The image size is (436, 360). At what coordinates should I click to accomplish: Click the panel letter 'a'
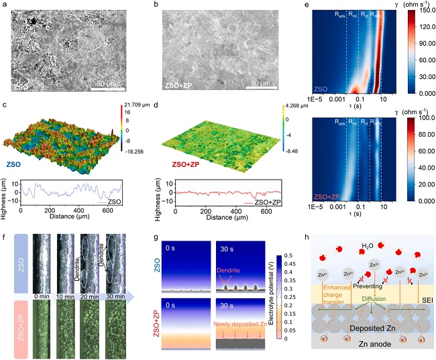tap(6, 5)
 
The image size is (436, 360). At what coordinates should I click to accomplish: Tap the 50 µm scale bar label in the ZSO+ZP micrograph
tap(264, 83)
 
